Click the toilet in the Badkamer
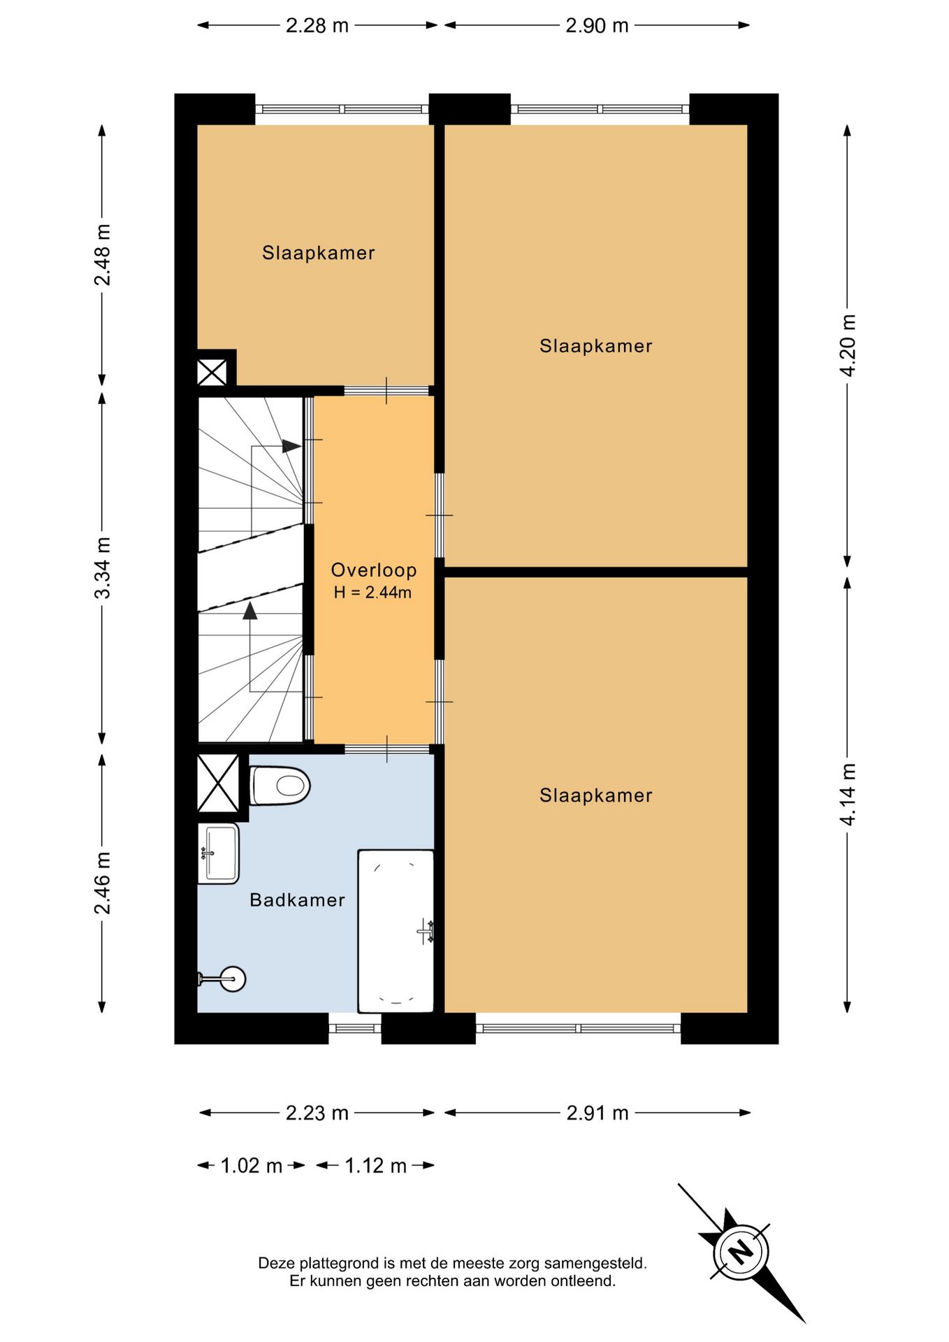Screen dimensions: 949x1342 click(x=280, y=786)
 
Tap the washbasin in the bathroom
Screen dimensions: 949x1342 click(x=218, y=853)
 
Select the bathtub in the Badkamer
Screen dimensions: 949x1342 click(x=396, y=931)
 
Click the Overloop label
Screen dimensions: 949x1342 click(x=374, y=570)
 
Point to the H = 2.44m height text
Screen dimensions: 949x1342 click(x=372, y=593)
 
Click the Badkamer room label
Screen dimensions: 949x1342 click(x=298, y=900)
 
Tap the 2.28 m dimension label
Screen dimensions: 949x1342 click(x=317, y=26)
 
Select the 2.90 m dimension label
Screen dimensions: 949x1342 click(x=597, y=26)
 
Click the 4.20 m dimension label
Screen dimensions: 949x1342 click(x=848, y=345)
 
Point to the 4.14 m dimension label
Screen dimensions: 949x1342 click(x=848, y=794)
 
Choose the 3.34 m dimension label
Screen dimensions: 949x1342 click(x=103, y=568)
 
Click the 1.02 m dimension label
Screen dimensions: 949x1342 click(x=252, y=1166)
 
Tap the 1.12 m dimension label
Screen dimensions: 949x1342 click(x=375, y=1166)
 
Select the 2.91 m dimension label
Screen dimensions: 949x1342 click(x=597, y=1113)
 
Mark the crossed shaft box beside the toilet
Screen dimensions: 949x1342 click(x=219, y=784)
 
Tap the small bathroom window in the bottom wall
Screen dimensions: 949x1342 click(x=355, y=1028)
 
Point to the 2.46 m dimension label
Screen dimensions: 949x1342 click(x=103, y=883)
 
